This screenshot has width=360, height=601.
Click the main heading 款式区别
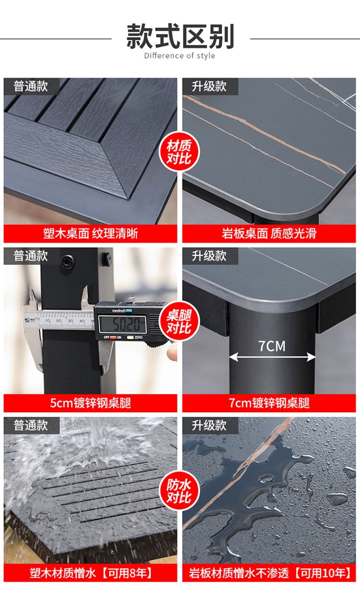coord(180,37)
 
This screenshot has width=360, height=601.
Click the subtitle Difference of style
coord(180,56)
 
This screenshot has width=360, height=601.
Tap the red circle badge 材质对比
coord(180,152)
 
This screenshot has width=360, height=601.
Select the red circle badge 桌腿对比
coord(180,321)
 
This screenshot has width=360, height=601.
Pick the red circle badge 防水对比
coord(179,490)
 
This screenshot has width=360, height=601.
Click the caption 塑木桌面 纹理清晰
coord(90,234)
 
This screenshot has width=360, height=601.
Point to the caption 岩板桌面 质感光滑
coord(269,234)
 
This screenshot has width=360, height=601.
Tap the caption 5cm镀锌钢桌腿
coord(90,403)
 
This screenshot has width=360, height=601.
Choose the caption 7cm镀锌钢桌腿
coord(269,403)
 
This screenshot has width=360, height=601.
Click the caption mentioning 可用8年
coord(90,573)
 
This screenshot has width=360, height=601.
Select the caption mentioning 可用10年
coord(269,573)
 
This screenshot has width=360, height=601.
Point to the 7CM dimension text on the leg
coord(272,346)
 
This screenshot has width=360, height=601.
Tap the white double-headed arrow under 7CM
coord(272,357)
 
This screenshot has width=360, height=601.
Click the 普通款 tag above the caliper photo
coord(31,256)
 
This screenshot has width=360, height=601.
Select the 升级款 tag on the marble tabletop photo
coord(209,86)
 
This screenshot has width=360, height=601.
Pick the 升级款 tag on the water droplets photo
coord(209,425)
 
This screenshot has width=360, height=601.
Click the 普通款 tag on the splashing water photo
coord(31,425)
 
